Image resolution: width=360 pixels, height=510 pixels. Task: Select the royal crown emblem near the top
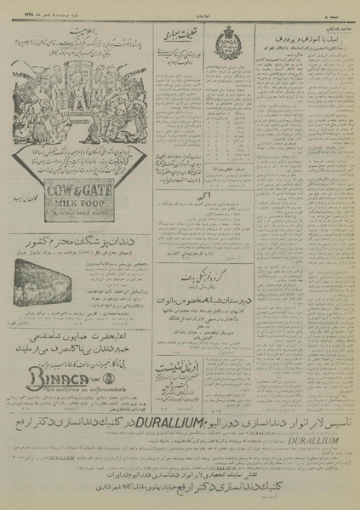coord(237,35)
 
